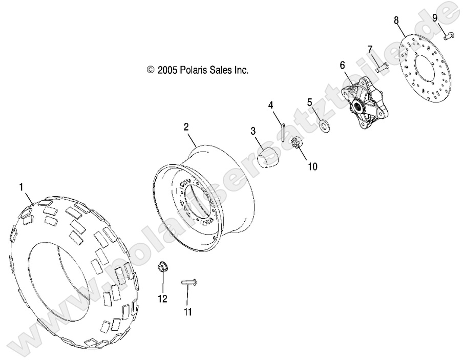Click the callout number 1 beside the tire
(x=21, y=188)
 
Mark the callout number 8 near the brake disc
(x=396, y=20)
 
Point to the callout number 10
(x=312, y=166)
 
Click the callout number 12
(x=162, y=300)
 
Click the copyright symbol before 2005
(x=151, y=71)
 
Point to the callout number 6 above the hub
(x=343, y=65)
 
